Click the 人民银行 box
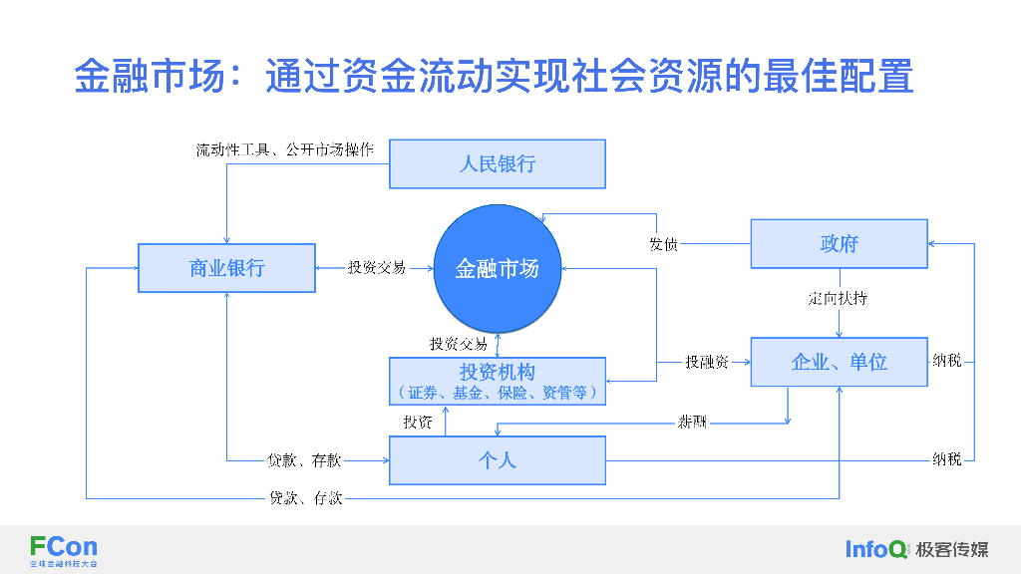tap(497, 163)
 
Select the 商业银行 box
tap(226, 268)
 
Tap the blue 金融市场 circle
tap(497, 268)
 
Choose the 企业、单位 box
tap(839, 362)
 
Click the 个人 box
tap(497, 460)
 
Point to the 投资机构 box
tap(497, 381)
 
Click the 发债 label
tap(663, 244)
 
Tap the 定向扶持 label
tap(838, 298)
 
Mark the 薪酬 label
tap(692, 422)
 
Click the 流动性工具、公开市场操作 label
tap(284, 150)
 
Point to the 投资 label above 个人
tap(418, 423)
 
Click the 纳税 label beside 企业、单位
tap(947, 361)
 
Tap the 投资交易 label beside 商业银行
tap(376, 268)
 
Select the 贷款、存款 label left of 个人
tap(304, 460)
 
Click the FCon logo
tap(64, 548)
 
